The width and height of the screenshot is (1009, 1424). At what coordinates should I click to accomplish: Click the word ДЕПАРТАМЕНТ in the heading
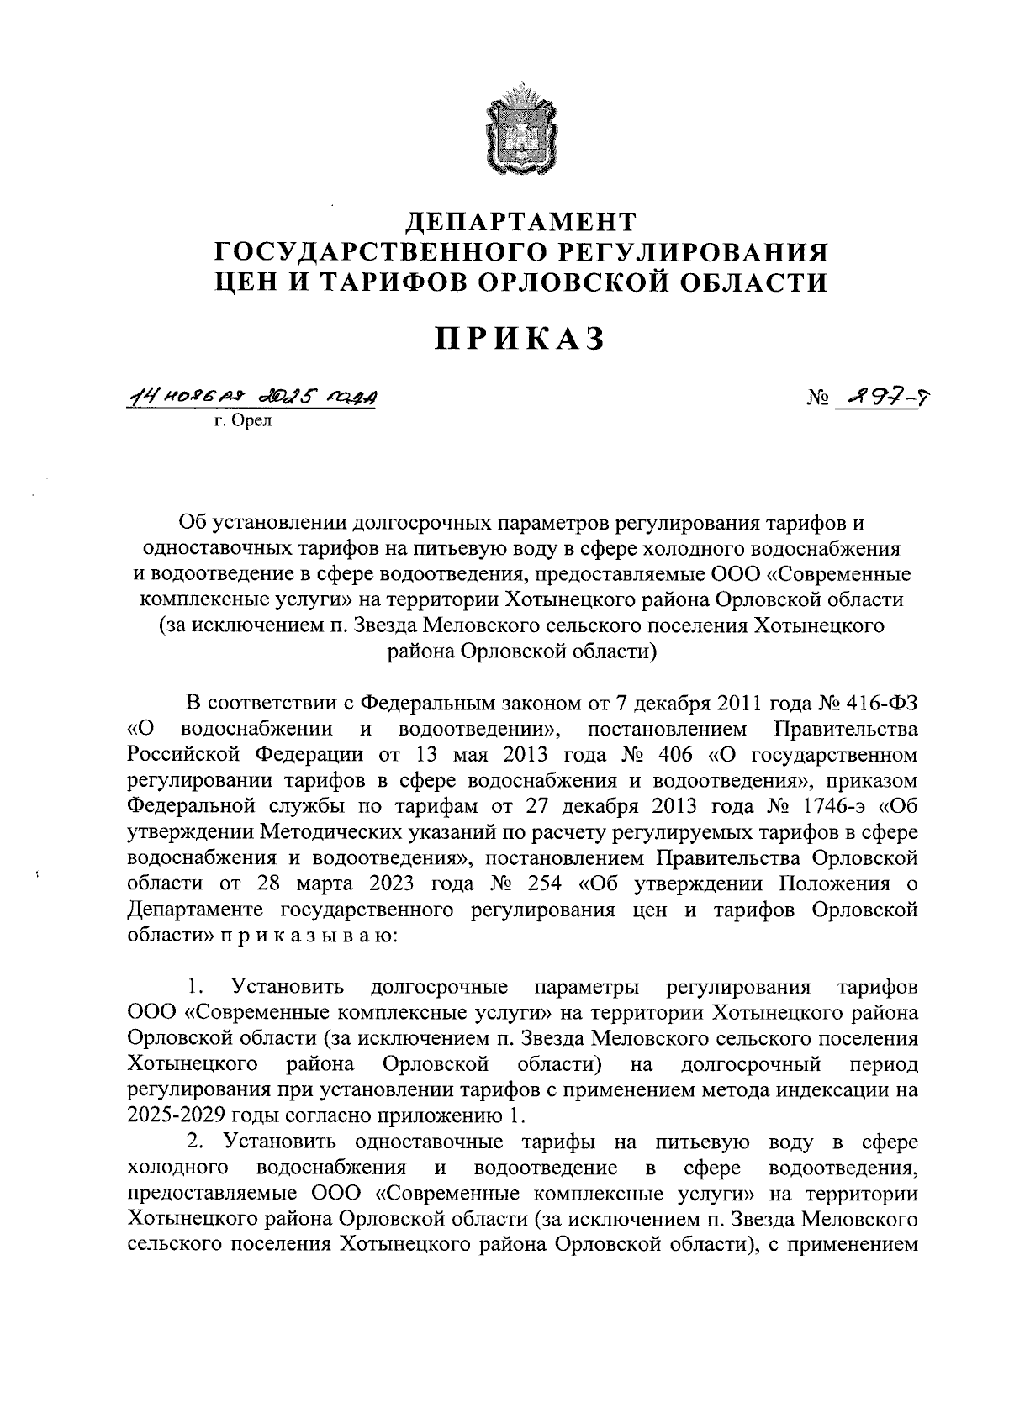tap(521, 222)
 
